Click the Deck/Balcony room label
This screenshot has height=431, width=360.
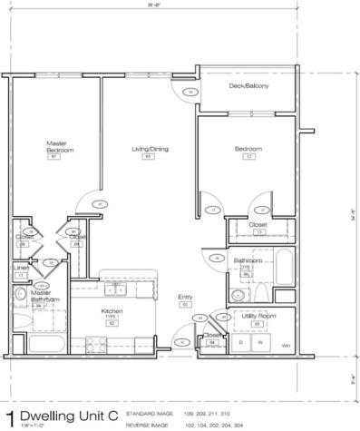(248, 86)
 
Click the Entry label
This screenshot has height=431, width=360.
(185, 298)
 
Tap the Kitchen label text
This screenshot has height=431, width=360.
(112, 311)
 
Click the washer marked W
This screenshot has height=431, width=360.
(263, 343)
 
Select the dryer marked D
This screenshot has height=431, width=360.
(240, 343)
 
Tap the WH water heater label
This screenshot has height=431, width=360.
(286, 346)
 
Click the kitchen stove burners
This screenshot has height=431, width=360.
(94, 342)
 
